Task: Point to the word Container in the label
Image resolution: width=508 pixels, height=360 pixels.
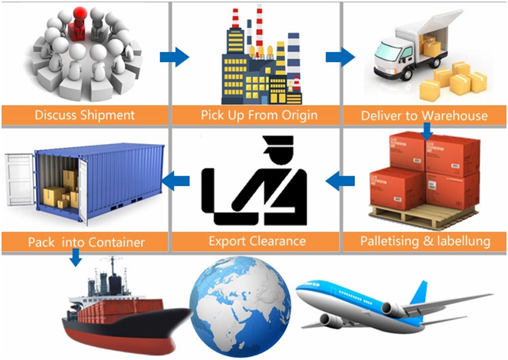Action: (116, 243)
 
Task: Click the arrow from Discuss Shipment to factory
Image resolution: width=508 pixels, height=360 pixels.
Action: (175, 57)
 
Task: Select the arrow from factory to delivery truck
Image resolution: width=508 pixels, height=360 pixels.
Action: (340, 57)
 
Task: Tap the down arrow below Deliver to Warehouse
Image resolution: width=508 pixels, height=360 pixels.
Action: (428, 132)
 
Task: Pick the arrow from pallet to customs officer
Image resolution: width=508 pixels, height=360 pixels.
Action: (340, 181)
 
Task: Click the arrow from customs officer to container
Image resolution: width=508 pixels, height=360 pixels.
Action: (175, 181)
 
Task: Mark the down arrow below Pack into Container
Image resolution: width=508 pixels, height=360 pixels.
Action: (76, 257)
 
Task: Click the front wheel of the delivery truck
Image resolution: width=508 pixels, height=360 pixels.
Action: (406, 75)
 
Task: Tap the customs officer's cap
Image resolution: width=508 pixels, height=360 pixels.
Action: (278, 143)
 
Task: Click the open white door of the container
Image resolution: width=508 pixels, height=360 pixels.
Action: (19, 180)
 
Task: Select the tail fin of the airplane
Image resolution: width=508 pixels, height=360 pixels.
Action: (421, 294)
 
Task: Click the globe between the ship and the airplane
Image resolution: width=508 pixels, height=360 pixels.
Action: (240, 306)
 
